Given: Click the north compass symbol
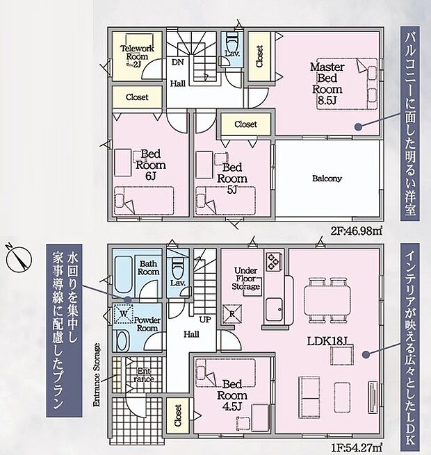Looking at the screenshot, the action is tap(19, 258).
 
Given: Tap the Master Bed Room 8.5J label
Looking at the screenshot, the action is tap(327, 83).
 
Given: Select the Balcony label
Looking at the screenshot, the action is tap(327, 179).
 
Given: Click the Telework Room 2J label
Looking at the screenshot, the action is tap(137, 56).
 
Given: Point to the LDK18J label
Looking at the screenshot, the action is tap(327, 341).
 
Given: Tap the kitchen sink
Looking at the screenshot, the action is tap(274, 309).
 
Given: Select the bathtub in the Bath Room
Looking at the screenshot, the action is tap(124, 274).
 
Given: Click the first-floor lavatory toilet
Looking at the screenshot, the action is tap(177, 267).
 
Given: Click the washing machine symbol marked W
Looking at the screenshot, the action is tap(124, 313).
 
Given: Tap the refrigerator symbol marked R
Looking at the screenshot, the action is tap(232, 314).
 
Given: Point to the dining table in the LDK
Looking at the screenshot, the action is tap(327, 300).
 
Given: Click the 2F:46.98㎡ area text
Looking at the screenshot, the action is tap(355, 231).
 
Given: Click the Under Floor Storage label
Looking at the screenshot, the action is tap(245, 279).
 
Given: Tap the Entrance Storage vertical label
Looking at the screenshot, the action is tap(97, 374).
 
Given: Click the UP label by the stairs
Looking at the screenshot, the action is tap(205, 320).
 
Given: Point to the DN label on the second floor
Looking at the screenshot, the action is tap(177, 62).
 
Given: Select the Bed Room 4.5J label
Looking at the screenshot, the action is tap(231, 395).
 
